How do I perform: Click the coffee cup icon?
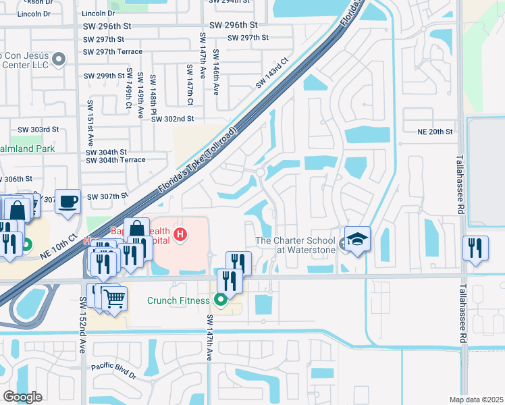tap(68, 201)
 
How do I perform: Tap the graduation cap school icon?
tap(357, 239)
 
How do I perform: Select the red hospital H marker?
tap(180, 235)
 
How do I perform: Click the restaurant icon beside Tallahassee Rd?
tap(476, 248)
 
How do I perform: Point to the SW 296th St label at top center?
tap(233, 24)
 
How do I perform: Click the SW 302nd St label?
tap(173, 119)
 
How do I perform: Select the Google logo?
tap(22, 397)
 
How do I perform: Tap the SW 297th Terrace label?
tap(113, 51)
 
